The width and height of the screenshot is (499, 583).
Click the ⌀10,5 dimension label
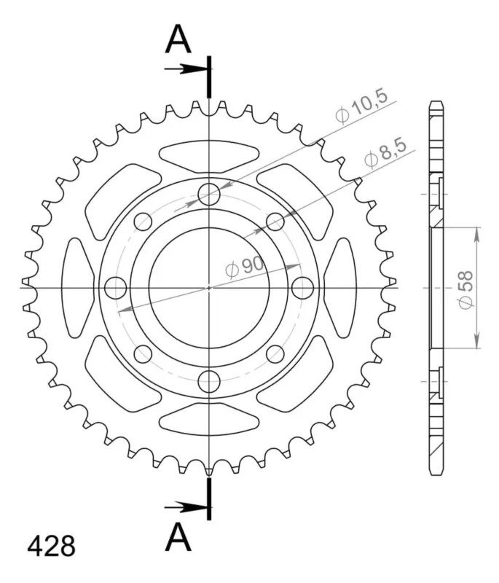[x=361, y=106]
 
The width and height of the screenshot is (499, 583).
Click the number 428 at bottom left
[x=51, y=546]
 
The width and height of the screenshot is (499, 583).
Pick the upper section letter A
[x=178, y=39]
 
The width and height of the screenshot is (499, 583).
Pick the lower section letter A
[x=178, y=537]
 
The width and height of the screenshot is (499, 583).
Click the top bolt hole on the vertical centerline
[x=209, y=194]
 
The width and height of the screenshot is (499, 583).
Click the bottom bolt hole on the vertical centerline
[x=209, y=381]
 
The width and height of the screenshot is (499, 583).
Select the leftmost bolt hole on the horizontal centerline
[x=116, y=288]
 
